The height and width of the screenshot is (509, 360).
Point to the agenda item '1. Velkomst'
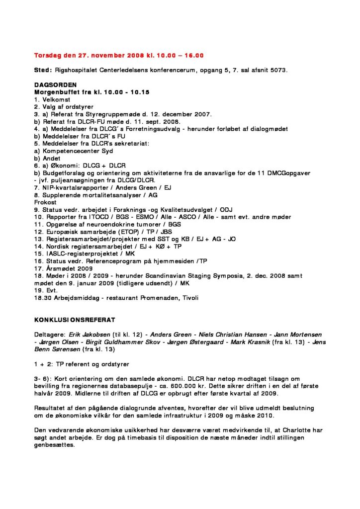pyautogui.click(x=49, y=99)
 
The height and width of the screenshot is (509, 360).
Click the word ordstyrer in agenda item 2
pyautogui.click(x=80, y=107)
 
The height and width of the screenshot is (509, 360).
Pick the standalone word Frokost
pyautogui.click(x=45, y=202)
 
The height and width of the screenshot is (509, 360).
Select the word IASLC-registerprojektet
pyautogui.click(x=80, y=254)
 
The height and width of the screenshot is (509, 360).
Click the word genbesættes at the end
pyautogui.click(x=54, y=445)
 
